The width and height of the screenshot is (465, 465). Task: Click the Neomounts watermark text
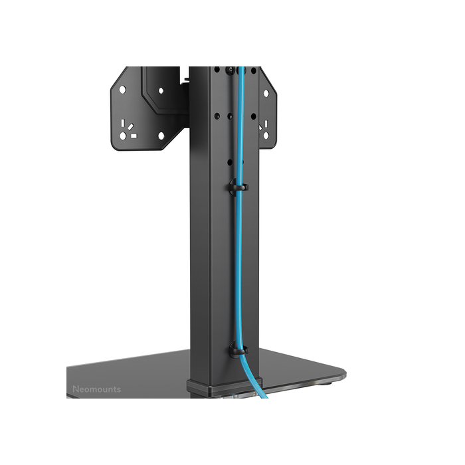pos(96,389)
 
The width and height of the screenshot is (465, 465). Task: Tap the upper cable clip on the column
pos(236,187)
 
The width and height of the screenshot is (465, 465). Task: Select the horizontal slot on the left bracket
pos(134,136)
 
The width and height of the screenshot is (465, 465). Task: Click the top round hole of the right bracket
pos(266,94)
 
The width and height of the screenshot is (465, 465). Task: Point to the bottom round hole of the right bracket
pos(266,136)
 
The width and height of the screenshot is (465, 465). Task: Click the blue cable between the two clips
pos(240,266)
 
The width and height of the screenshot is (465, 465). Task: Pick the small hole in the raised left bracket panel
pos(161,90)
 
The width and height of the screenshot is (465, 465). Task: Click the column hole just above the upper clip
pos(230,161)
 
